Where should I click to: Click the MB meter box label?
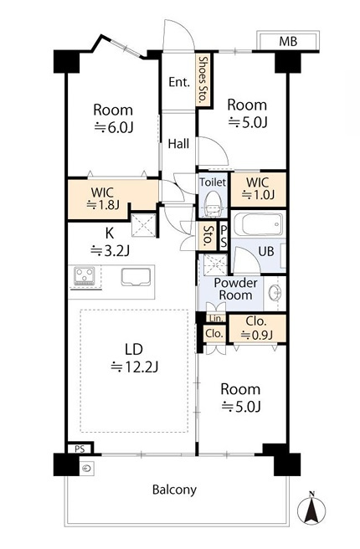tap(288, 42)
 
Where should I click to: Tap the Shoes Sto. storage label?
tap(203, 80)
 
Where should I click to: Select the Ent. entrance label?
tap(179, 82)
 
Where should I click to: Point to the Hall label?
tap(178, 144)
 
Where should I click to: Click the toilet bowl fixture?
tap(213, 204)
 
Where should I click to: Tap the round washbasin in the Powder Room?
tap(275, 293)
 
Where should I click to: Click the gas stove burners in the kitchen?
tap(85, 275)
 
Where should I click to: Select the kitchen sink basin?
tap(136, 277)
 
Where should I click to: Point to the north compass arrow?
tap(311, 509)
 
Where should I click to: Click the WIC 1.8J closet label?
tap(103, 198)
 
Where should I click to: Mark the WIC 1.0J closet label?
tap(257, 188)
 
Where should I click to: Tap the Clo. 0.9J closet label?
tap(257, 328)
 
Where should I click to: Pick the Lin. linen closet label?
tap(216, 318)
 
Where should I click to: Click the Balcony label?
tap(174, 490)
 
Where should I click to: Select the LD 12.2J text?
tap(134, 358)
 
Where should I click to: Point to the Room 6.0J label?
tap(113, 119)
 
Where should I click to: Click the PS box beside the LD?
tap(80, 449)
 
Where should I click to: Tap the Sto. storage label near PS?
tap(208, 235)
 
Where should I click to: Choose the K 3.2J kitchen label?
tap(110, 241)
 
